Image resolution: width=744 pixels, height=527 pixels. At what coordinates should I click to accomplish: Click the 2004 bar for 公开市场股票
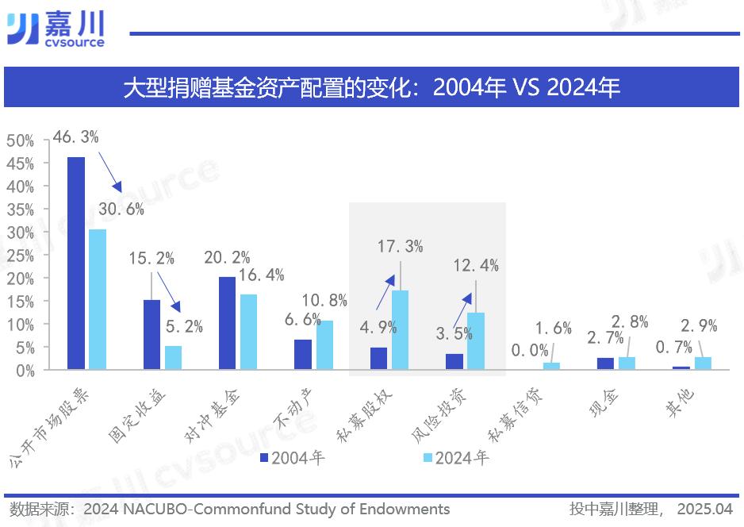(x=76, y=263)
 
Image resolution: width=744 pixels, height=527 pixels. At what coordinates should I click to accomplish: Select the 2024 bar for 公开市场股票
(x=97, y=299)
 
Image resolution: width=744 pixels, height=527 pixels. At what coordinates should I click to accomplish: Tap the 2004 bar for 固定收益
(x=151, y=334)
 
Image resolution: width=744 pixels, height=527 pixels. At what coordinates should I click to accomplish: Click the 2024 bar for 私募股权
(x=400, y=329)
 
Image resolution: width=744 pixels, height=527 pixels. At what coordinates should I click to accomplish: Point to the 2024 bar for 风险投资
(x=475, y=340)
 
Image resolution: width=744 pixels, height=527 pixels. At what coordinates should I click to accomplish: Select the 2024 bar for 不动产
(x=324, y=345)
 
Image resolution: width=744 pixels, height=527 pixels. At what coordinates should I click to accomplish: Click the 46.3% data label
(x=75, y=137)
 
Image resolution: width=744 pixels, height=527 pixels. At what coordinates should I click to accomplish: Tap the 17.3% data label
(x=400, y=247)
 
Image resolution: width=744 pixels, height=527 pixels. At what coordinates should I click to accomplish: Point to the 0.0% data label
(x=528, y=350)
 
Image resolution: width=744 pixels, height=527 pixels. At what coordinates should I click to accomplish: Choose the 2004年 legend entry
(x=293, y=458)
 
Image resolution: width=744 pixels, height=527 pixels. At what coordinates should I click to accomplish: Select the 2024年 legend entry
(x=456, y=458)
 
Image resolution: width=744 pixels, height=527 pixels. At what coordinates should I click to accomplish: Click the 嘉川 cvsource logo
(x=56, y=29)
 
